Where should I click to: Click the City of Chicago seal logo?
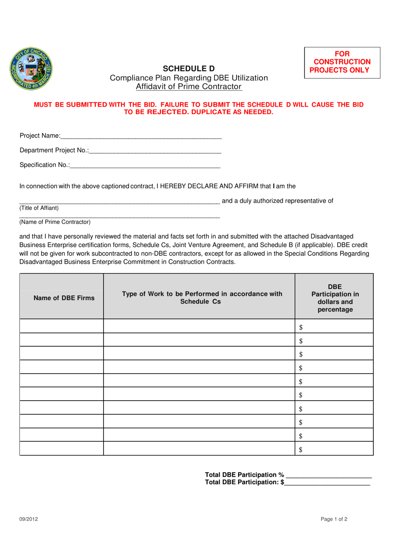click(31, 69)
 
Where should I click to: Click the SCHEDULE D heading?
click(188, 69)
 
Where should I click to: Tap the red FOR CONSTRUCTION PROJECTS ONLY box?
click(342, 62)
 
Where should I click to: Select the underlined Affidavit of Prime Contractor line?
click(188, 86)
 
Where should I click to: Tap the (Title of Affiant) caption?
click(39, 208)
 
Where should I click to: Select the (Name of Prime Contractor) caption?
click(55, 222)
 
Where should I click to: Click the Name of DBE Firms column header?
click(64, 298)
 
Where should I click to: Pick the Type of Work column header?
click(202, 298)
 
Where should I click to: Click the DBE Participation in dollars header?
click(335, 298)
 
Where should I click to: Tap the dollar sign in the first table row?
click(301, 327)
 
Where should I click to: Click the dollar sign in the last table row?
click(301, 449)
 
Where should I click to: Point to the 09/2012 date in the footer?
click(29, 519)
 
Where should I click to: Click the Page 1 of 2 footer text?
click(334, 519)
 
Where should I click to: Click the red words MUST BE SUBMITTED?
click(70, 105)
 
